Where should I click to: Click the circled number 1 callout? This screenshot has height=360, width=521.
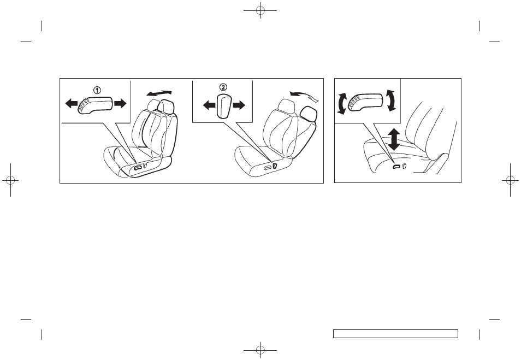point(96,91)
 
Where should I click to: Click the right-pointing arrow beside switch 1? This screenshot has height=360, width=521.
point(121,103)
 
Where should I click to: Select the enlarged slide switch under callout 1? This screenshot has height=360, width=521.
point(96,104)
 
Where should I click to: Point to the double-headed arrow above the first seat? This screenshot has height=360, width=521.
point(159,93)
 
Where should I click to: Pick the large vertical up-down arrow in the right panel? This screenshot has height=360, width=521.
point(393,140)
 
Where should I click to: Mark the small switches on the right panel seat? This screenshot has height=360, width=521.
point(398,165)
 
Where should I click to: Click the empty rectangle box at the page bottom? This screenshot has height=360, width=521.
point(395,334)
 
